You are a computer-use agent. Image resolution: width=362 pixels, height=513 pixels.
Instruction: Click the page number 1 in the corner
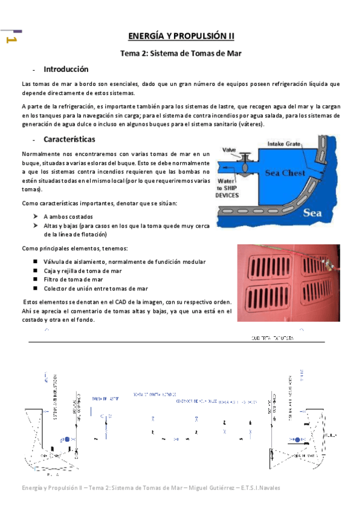coord(10,40)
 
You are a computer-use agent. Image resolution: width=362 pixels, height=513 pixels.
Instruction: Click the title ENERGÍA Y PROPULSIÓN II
coord(181,36)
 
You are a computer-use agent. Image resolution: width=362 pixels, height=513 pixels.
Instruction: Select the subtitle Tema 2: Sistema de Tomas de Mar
coord(181,53)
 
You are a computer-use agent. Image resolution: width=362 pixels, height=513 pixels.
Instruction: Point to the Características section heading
coord(69,139)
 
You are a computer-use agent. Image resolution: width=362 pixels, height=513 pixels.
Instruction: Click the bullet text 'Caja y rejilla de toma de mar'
coord(83,271)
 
